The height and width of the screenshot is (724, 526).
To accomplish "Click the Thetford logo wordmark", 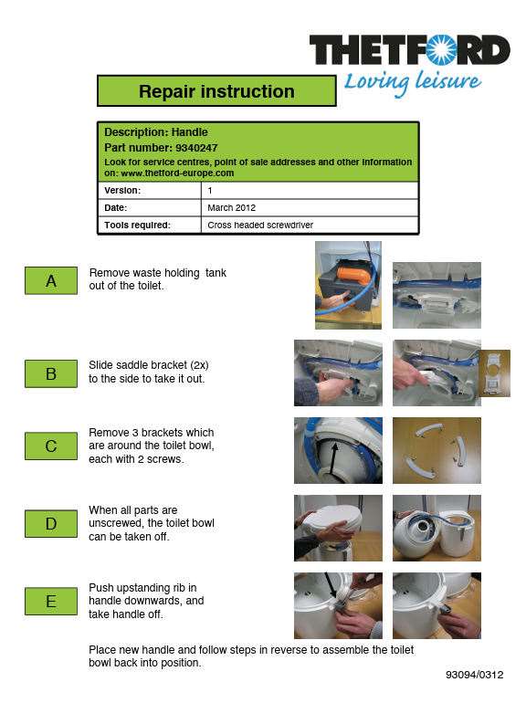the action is [x=410, y=49].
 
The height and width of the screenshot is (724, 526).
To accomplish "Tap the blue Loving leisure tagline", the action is [x=413, y=83].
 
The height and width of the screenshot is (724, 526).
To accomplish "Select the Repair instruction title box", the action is [x=216, y=91].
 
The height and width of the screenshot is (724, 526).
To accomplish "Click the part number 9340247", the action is [x=196, y=148].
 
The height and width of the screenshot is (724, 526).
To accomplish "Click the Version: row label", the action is [x=122, y=190].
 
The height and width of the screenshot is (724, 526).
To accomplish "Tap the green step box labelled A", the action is [x=51, y=280].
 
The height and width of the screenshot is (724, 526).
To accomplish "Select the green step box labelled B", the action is [x=51, y=373].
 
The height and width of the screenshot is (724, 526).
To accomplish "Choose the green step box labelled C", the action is [x=51, y=446].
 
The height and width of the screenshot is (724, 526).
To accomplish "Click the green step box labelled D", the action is [x=51, y=524].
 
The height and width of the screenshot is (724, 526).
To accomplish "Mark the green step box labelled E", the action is [x=51, y=601].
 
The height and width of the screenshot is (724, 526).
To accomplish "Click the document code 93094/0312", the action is [x=474, y=675].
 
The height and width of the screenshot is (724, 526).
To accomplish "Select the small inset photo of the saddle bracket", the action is [x=496, y=373].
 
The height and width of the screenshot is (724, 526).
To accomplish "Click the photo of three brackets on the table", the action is [x=437, y=451].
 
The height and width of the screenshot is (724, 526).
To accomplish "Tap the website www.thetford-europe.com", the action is [x=177, y=173].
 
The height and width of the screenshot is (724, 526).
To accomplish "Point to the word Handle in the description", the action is [x=189, y=132].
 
